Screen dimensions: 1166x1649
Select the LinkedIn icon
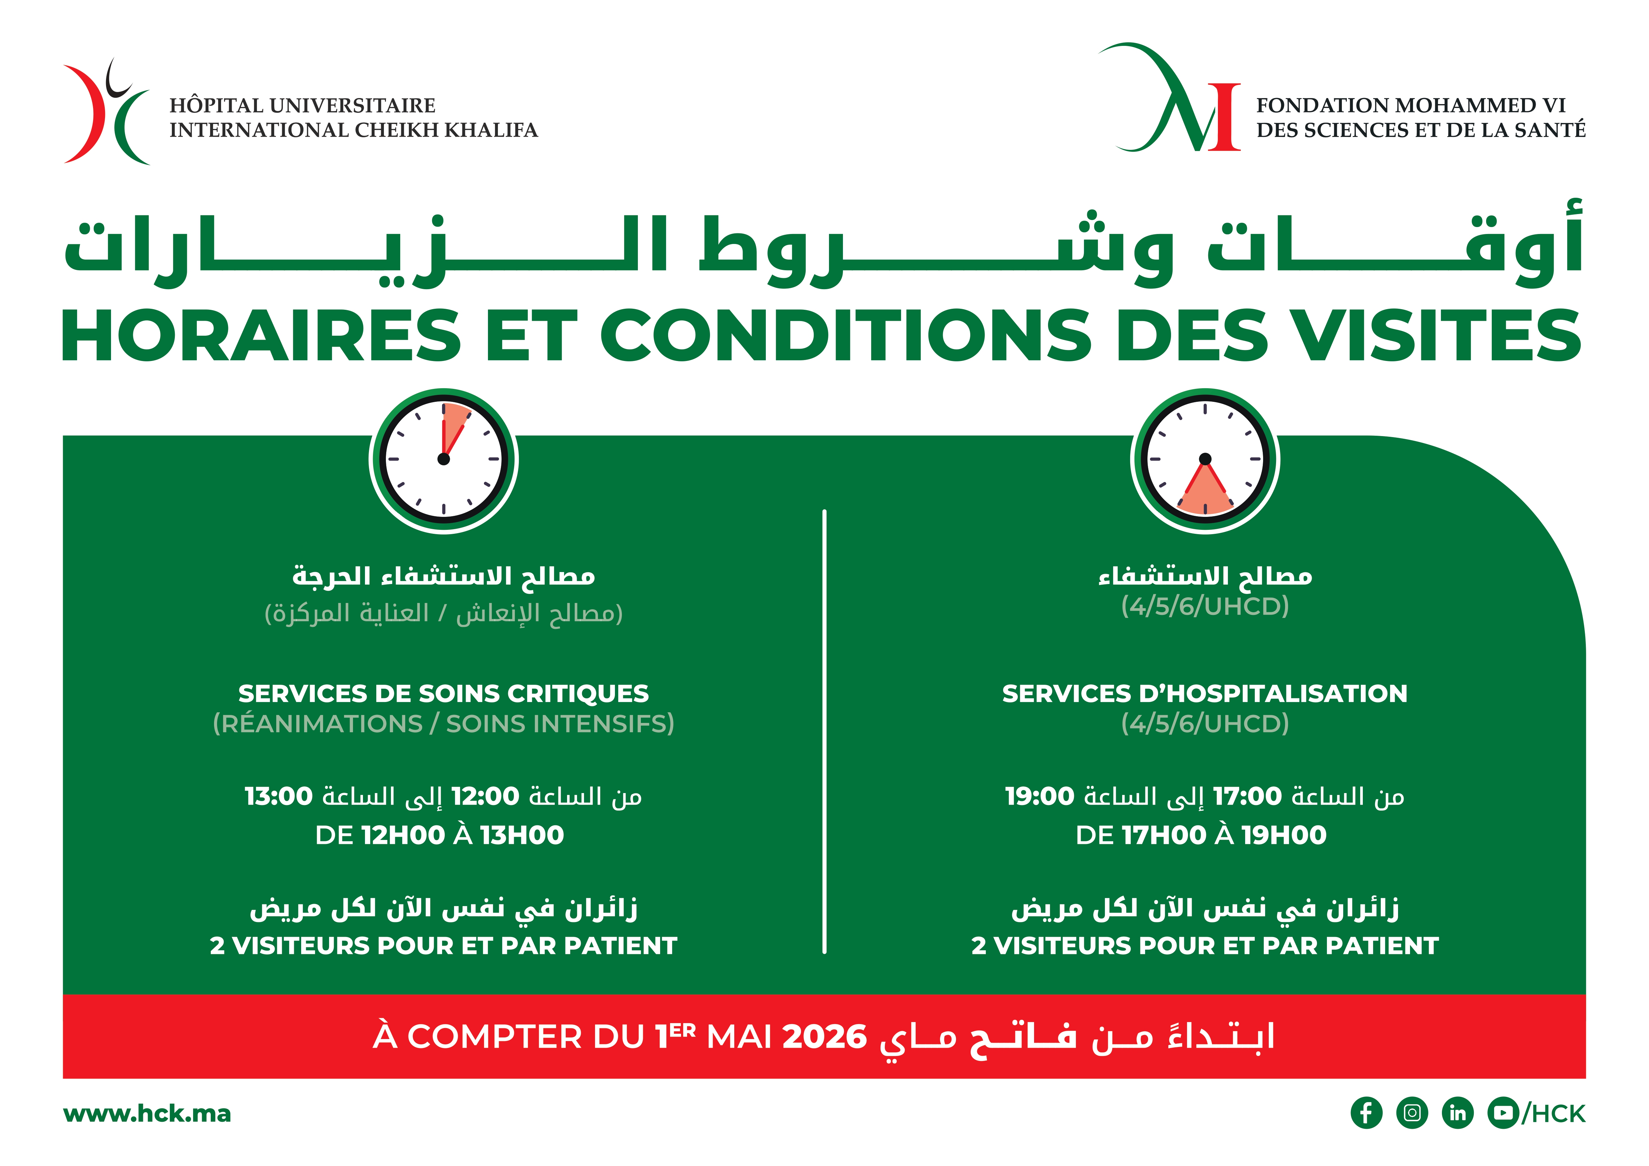pyautogui.click(x=1457, y=1113)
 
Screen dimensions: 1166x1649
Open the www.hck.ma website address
pyautogui.click(x=147, y=1113)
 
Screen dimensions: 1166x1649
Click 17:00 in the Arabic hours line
pyautogui.click(x=1247, y=796)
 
